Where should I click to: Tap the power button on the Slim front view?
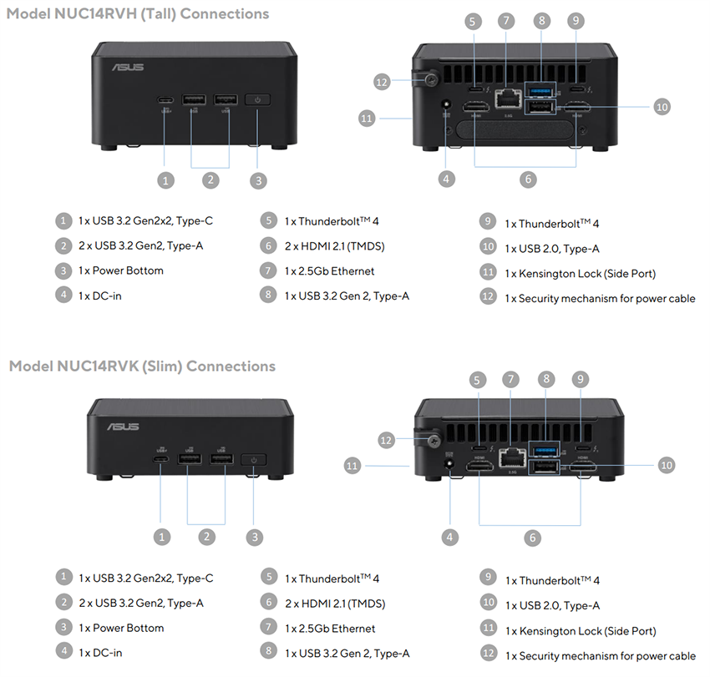click(x=254, y=459)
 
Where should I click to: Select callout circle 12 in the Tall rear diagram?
click(x=382, y=81)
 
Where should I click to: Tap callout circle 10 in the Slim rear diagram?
click(x=666, y=465)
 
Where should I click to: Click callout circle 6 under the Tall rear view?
click(x=526, y=179)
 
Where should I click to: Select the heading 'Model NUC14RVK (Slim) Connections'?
click(x=141, y=366)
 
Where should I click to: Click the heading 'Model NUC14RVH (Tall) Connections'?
click(x=138, y=13)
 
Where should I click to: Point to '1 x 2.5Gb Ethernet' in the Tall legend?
click(x=329, y=271)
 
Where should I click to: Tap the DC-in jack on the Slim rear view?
click(x=453, y=468)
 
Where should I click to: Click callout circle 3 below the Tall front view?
click(x=259, y=179)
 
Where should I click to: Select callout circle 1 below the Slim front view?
click(x=164, y=537)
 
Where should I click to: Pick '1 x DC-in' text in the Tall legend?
click(x=100, y=296)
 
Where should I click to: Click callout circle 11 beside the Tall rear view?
click(x=366, y=119)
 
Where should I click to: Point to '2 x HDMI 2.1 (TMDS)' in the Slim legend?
click(x=334, y=604)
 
